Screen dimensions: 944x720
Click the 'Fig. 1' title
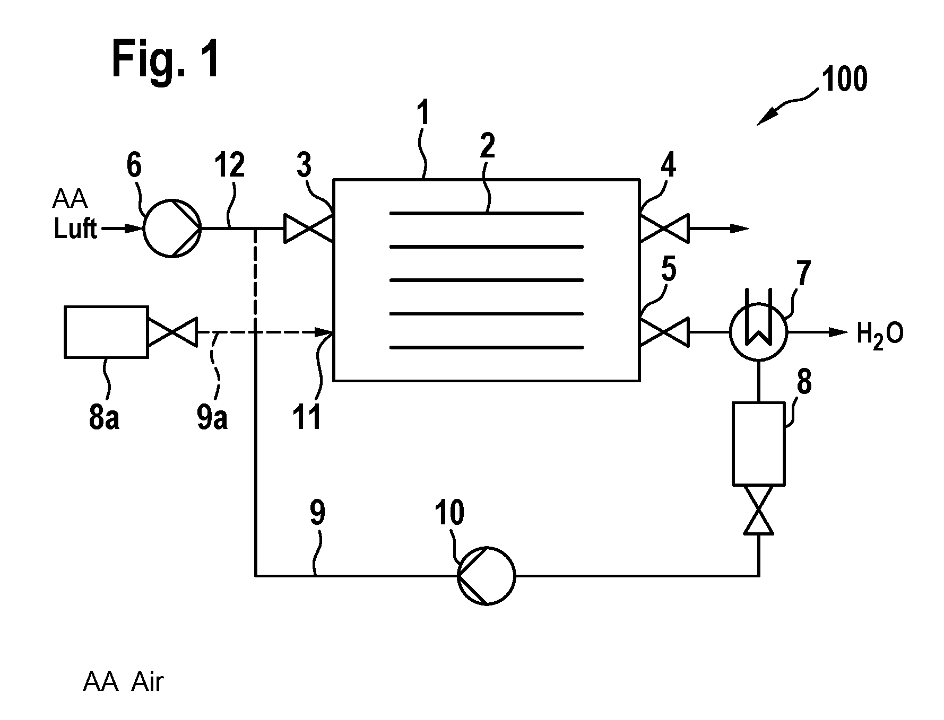click(x=166, y=60)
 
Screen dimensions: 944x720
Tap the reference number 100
click(x=844, y=80)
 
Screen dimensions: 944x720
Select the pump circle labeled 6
click(x=172, y=229)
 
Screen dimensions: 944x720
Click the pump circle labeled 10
click(x=486, y=575)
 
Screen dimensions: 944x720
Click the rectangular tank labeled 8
click(x=758, y=443)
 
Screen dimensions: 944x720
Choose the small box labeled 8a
click(x=106, y=332)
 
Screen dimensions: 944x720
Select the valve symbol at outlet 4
click(x=664, y=229)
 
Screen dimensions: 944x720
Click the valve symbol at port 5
click(x=664, y=332)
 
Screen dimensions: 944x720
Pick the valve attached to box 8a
click(x=172, y=332)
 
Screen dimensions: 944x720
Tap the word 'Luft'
click(x=75, y=229)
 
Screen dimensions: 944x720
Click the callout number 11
click(x=308, y=417)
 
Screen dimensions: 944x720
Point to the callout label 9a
click(x=212, y=417)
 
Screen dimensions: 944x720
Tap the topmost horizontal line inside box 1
click(x=487, y=213)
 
